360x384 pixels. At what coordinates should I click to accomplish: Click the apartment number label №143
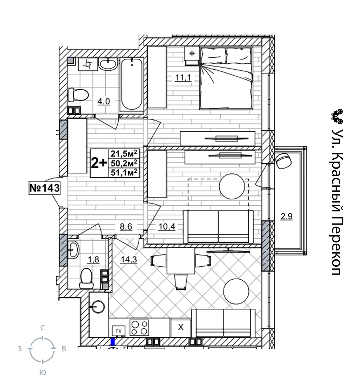pos(44,188)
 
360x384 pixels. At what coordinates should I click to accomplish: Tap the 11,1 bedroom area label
pos(183,78)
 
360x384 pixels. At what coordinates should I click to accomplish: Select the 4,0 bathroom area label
pos(104,101)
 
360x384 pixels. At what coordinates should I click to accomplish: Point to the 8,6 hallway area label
pos(126,227)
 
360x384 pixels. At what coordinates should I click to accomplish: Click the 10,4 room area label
pos(167,227)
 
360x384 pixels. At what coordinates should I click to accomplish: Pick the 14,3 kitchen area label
pos(129,259)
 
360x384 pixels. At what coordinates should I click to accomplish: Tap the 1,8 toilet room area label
pos(94,259)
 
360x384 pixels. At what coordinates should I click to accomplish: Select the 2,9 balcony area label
pos(287,217)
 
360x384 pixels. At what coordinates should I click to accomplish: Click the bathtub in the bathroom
pos(132,84)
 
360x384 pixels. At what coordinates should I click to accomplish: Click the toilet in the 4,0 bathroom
pos(78,95)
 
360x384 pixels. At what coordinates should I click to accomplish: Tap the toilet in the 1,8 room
pos(86,279)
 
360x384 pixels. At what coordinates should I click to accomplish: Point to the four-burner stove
pos(139,327)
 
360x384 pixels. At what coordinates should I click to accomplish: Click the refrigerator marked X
pos(180,327)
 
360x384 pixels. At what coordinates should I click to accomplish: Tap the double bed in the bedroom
pos(226,78)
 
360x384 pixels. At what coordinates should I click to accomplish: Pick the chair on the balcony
pos(284,161)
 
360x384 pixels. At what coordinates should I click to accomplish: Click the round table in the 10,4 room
pos(232,186)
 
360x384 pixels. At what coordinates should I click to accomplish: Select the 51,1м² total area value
pos(124,172)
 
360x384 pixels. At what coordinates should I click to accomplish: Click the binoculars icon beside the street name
pos(337,117)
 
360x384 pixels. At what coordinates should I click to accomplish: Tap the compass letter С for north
pos(42,328)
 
